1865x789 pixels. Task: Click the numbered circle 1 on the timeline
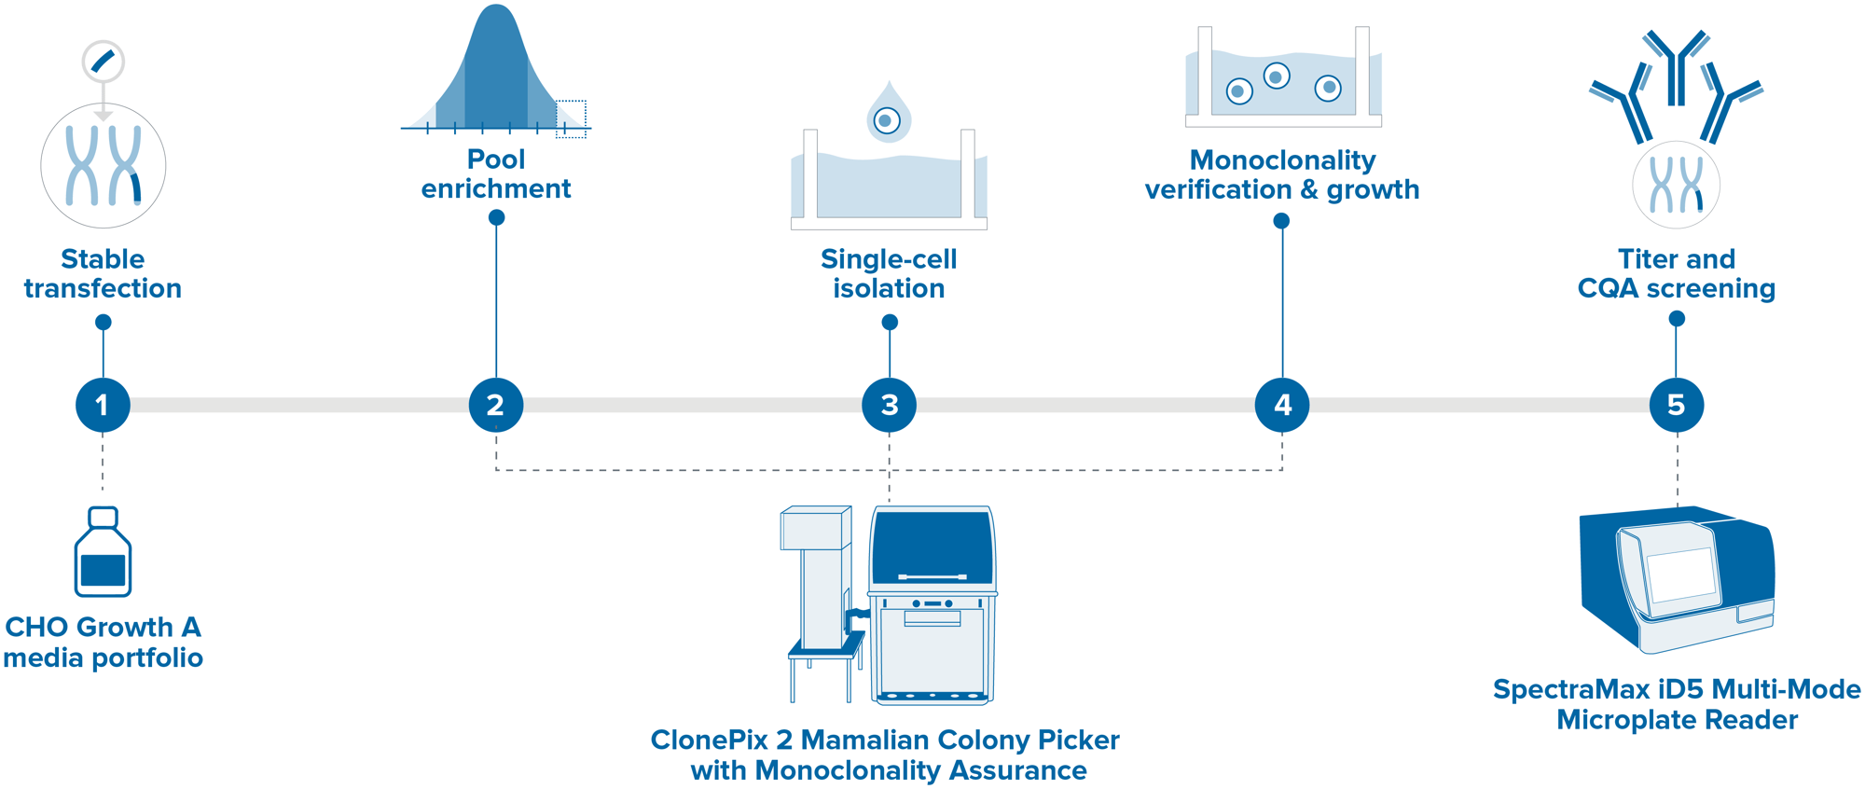click(103, 405)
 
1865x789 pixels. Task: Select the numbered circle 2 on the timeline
click(496, 405)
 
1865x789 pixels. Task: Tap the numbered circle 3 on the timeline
click(890, 405)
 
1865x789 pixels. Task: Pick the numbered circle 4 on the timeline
click(1282, 405)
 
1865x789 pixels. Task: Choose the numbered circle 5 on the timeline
click(1676, 405)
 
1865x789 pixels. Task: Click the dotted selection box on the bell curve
click(571, 118)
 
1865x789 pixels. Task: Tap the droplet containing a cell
click(888, 117)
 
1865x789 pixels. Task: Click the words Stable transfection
click(103, 273)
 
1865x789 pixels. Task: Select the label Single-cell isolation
click(889, 273)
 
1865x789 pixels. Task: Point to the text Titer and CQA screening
click(1676, 273)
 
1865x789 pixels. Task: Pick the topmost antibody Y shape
click(1677, 65)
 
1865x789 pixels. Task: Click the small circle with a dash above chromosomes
click(103, 62)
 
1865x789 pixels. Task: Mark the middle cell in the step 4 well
click(1277, 76)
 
